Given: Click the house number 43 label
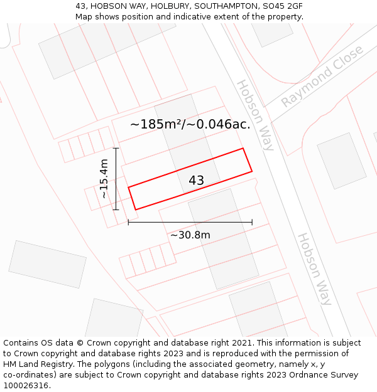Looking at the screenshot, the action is point(196,181).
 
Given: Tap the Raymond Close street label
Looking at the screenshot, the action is point(322,76).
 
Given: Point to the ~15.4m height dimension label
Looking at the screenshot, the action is point(104,179).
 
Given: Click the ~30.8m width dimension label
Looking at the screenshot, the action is point(190,235).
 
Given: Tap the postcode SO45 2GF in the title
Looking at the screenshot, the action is point(278,6).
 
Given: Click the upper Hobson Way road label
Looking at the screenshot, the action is point(256,115).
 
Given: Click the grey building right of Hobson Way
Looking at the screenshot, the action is point(341,161).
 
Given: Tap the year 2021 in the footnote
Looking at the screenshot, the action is point(242,343).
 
